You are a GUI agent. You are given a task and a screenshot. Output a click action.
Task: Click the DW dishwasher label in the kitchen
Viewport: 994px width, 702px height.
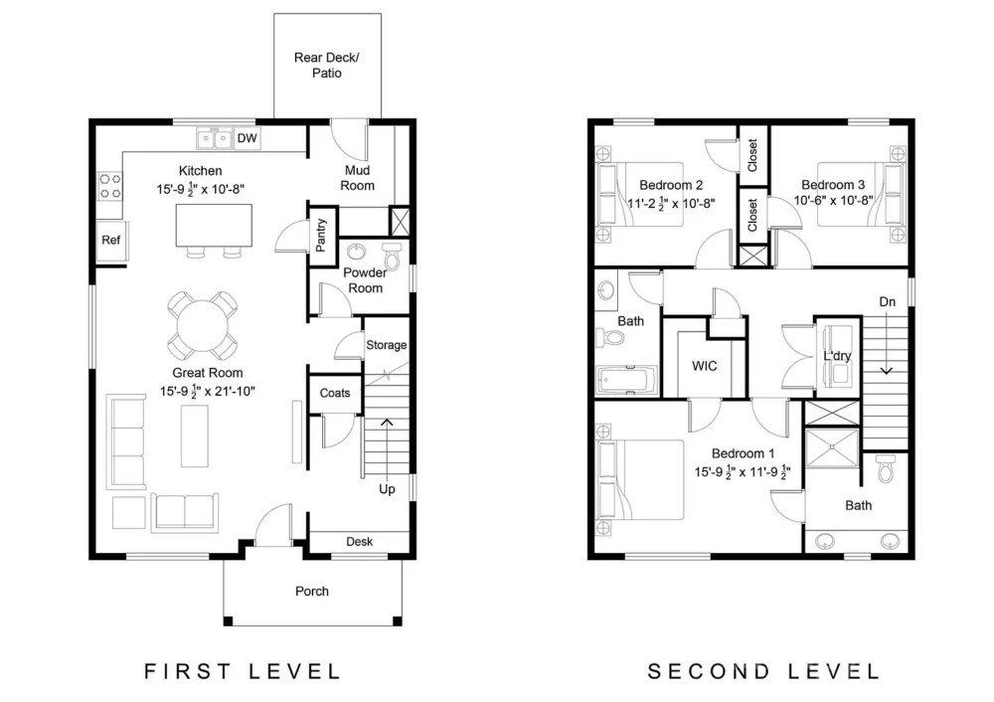point(247,138)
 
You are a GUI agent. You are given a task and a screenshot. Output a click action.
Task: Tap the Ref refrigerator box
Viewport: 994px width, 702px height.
point(110,241)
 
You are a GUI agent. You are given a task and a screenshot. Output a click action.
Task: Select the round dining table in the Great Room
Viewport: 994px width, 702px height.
point(202,325)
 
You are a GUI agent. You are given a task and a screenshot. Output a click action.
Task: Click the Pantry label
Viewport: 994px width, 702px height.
point(321,237)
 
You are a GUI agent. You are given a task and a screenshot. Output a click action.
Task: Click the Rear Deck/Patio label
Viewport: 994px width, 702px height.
point(326,66)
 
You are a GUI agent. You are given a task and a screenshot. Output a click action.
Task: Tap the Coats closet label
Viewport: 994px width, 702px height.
point(335,393)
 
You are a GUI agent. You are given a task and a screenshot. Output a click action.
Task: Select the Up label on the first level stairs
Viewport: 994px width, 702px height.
point(387,489)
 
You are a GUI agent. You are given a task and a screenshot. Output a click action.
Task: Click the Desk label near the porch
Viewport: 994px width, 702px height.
point(359,542)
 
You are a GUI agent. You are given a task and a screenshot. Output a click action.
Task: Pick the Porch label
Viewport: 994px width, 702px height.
point(312,592)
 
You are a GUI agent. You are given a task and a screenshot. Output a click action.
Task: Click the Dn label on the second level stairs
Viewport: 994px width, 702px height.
point(887,302)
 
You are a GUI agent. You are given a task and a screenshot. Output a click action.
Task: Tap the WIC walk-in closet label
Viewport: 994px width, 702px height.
point(705,366)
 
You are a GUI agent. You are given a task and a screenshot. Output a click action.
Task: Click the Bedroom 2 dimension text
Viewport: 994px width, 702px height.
point(671,204)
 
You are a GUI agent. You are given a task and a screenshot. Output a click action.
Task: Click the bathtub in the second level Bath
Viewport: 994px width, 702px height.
point(626,381)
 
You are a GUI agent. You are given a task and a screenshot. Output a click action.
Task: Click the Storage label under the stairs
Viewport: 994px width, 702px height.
point(387,345)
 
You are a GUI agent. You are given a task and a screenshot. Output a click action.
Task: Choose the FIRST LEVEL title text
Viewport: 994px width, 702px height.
point(243,671)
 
